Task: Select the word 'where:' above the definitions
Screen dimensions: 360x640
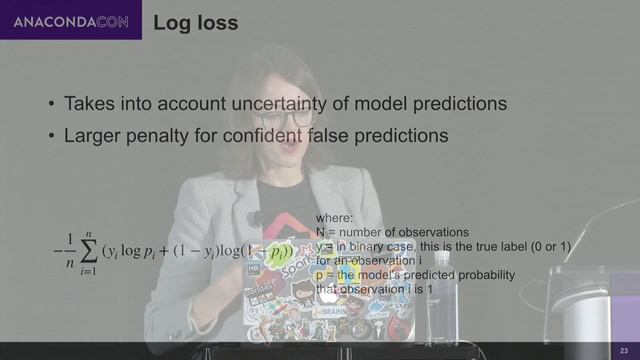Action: (334, 217)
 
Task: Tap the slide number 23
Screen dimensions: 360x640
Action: (623, 349)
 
